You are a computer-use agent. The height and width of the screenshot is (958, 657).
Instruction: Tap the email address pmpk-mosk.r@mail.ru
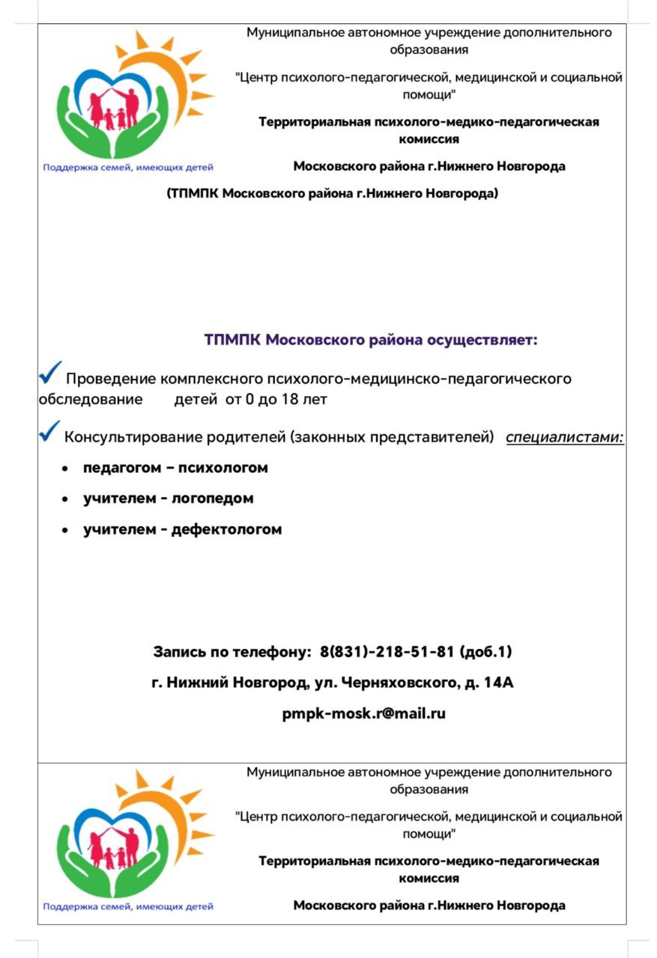(x=364, y=713)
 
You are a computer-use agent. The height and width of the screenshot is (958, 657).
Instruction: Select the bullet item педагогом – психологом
(x=175, y=468)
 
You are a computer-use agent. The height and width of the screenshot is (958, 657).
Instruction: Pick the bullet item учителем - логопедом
(x=169, y=498)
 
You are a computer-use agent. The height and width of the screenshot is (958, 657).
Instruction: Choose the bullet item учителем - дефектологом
(x=183, y=529)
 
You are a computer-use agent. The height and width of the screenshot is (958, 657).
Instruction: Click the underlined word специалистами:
(x=565, y=437)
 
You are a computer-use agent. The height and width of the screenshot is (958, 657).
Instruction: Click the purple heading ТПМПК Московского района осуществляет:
(x=371, y=341)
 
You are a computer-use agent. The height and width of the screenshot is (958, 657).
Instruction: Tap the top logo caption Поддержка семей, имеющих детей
(x=128, y=168)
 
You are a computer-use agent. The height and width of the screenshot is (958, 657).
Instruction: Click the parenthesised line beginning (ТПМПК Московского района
(x=332, y=194)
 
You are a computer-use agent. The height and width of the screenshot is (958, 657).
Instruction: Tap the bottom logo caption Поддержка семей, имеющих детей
(x=128, y=906)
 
